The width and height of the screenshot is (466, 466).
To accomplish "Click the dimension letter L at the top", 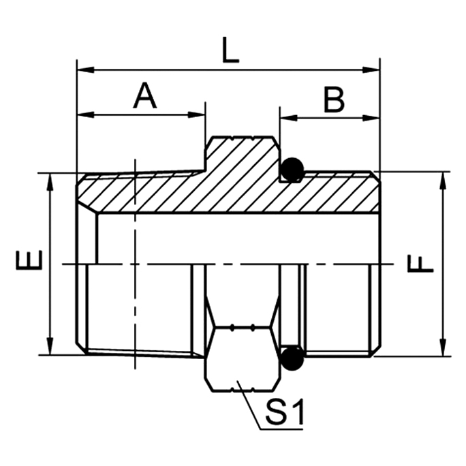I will (232, 52).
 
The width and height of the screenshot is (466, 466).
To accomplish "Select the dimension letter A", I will (144, 96).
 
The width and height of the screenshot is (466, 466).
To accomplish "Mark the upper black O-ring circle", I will (292, 170).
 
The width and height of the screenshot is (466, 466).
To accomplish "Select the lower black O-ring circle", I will (292, 355).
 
